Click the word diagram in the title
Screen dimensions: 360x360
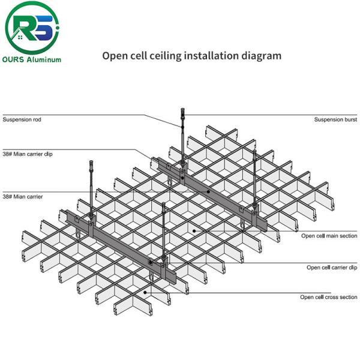261,56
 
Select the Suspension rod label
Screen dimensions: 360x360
22,119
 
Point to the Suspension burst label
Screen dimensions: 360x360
335,119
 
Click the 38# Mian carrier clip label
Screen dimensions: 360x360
28,154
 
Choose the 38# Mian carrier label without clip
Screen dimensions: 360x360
23,196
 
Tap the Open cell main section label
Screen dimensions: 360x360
329,236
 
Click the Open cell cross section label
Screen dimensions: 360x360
329,297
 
